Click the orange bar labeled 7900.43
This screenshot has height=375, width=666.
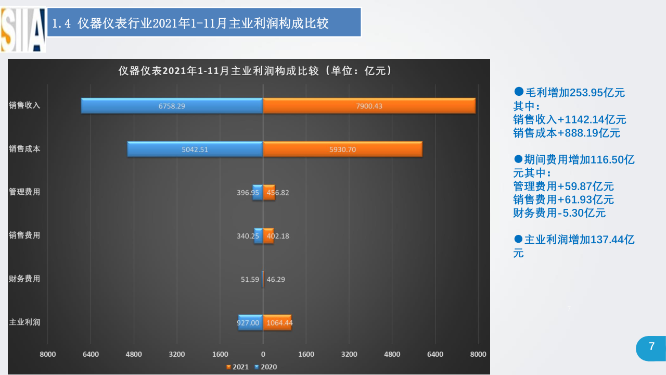(369, 106)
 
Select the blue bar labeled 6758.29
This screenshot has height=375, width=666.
(172, 106)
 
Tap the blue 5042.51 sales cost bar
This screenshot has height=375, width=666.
(195, 149)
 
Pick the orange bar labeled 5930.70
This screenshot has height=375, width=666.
(342, 149)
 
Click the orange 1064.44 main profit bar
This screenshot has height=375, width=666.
(277, 322)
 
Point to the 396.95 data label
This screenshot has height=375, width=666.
(248, 193)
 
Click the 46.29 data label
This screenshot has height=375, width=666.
(276, 280)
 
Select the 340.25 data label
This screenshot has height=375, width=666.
(248, 236)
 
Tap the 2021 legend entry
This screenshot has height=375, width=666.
(237, 367)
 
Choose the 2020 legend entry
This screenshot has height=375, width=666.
(266, 367)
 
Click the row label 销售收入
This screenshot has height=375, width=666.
(24, 105)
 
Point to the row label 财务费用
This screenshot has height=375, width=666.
(24, 279)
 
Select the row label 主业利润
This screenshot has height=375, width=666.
(24, 322)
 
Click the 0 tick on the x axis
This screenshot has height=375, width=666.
(263, 354)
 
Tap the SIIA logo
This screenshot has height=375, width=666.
(23, 30)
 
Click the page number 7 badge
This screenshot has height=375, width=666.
(651, 348)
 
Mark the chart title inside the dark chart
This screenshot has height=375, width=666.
(255, 71)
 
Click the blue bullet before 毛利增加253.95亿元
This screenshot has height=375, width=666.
(519, 91)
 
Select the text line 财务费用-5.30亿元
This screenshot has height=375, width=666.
(559, 213)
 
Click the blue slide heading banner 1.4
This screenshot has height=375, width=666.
(204, 22)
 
